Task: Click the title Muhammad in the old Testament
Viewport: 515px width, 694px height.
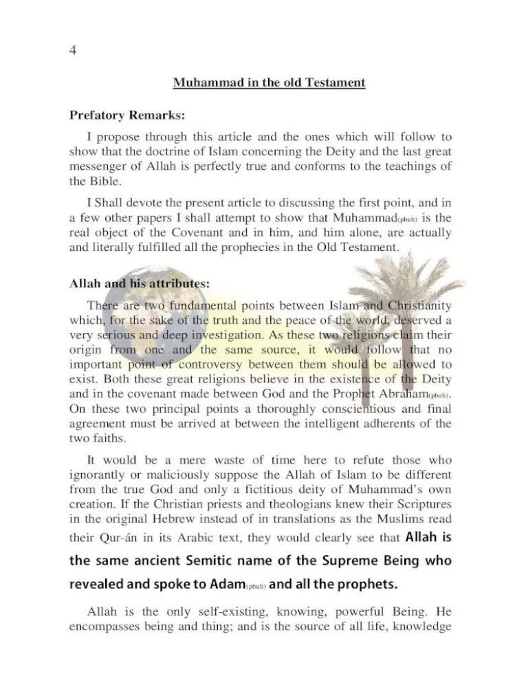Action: [x=268, y=83]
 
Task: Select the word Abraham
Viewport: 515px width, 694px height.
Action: [x=396, y=396]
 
